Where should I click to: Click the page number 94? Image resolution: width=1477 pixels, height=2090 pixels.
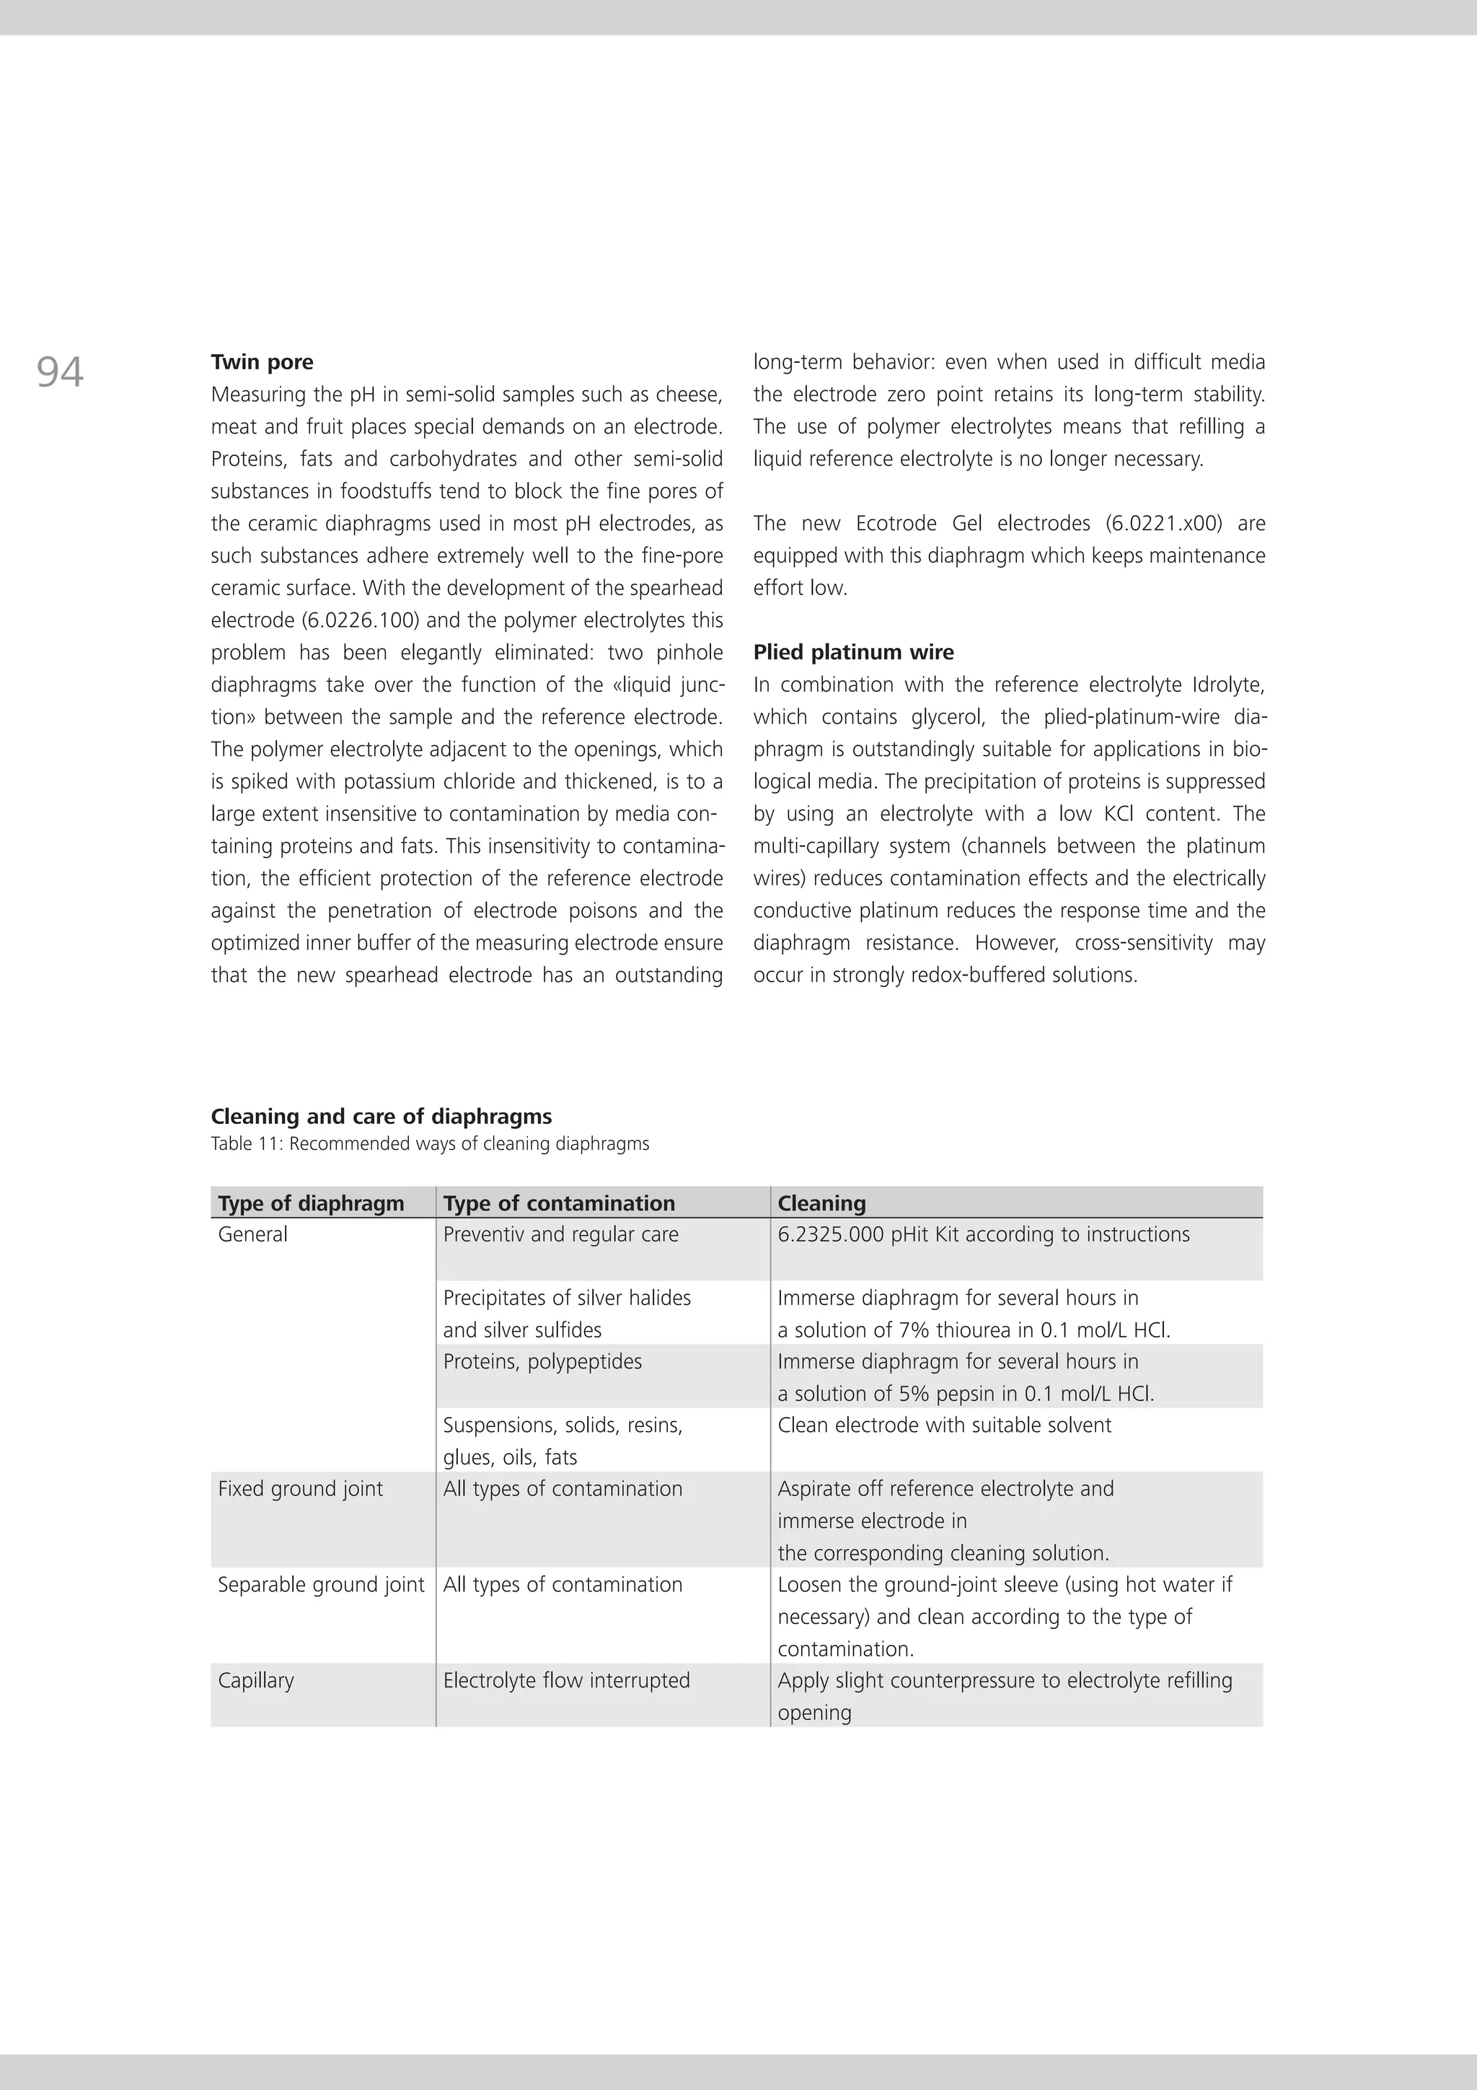pos(60,372)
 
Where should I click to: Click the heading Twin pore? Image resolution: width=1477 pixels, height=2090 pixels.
pos(262,362)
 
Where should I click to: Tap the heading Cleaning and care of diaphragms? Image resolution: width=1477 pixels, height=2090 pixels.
pos(382,1116)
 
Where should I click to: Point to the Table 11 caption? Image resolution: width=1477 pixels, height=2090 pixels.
pos(430,1143)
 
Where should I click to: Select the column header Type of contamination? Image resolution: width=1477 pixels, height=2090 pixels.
pos(559,1203)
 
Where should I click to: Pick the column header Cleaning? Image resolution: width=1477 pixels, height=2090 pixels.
pos(821,1203)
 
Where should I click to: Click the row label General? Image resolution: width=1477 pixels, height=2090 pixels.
pos(253,1234)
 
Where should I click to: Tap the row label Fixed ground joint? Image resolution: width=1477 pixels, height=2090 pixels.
pos(300,1488)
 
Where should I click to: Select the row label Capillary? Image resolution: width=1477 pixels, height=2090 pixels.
pos(256,1680)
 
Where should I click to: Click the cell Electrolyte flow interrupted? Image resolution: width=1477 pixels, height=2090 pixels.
pos(566,1680)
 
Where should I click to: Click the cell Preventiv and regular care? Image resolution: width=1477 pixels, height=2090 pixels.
pos(560,1234)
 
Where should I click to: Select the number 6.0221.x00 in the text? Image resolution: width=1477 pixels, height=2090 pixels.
pos(1164,524)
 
